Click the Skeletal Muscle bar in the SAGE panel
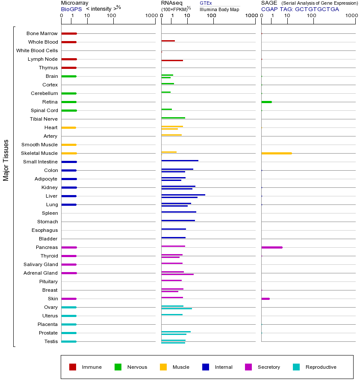(x=276, y=153)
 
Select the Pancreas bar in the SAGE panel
(x=271, y=247)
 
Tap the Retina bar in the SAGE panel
(x=266, y=102)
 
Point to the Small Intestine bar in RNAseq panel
(x=180, y=160)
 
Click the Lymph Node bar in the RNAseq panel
(x=172, y=60)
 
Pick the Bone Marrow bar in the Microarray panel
(x=69, y=33)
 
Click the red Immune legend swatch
(x=73, y=367)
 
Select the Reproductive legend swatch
(x=296, y=367)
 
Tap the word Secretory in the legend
(x=269, y=367)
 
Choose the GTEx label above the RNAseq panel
(x=206, y=3)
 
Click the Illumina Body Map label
(x=219, y=9)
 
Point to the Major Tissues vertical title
(x=6, y=160)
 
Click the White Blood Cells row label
(x=37, y=50)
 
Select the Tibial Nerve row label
(x=44, y=119)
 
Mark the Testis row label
(x=51, y=341)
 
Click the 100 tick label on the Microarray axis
(x=112, y=16)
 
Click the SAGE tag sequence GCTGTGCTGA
(x=317, y=9)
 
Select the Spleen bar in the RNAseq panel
(x=179, y=212)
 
